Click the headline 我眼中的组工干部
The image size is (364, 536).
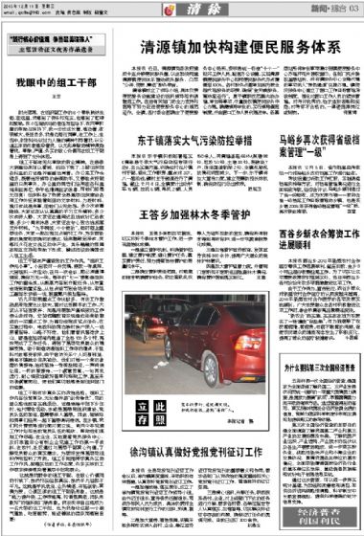52,85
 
